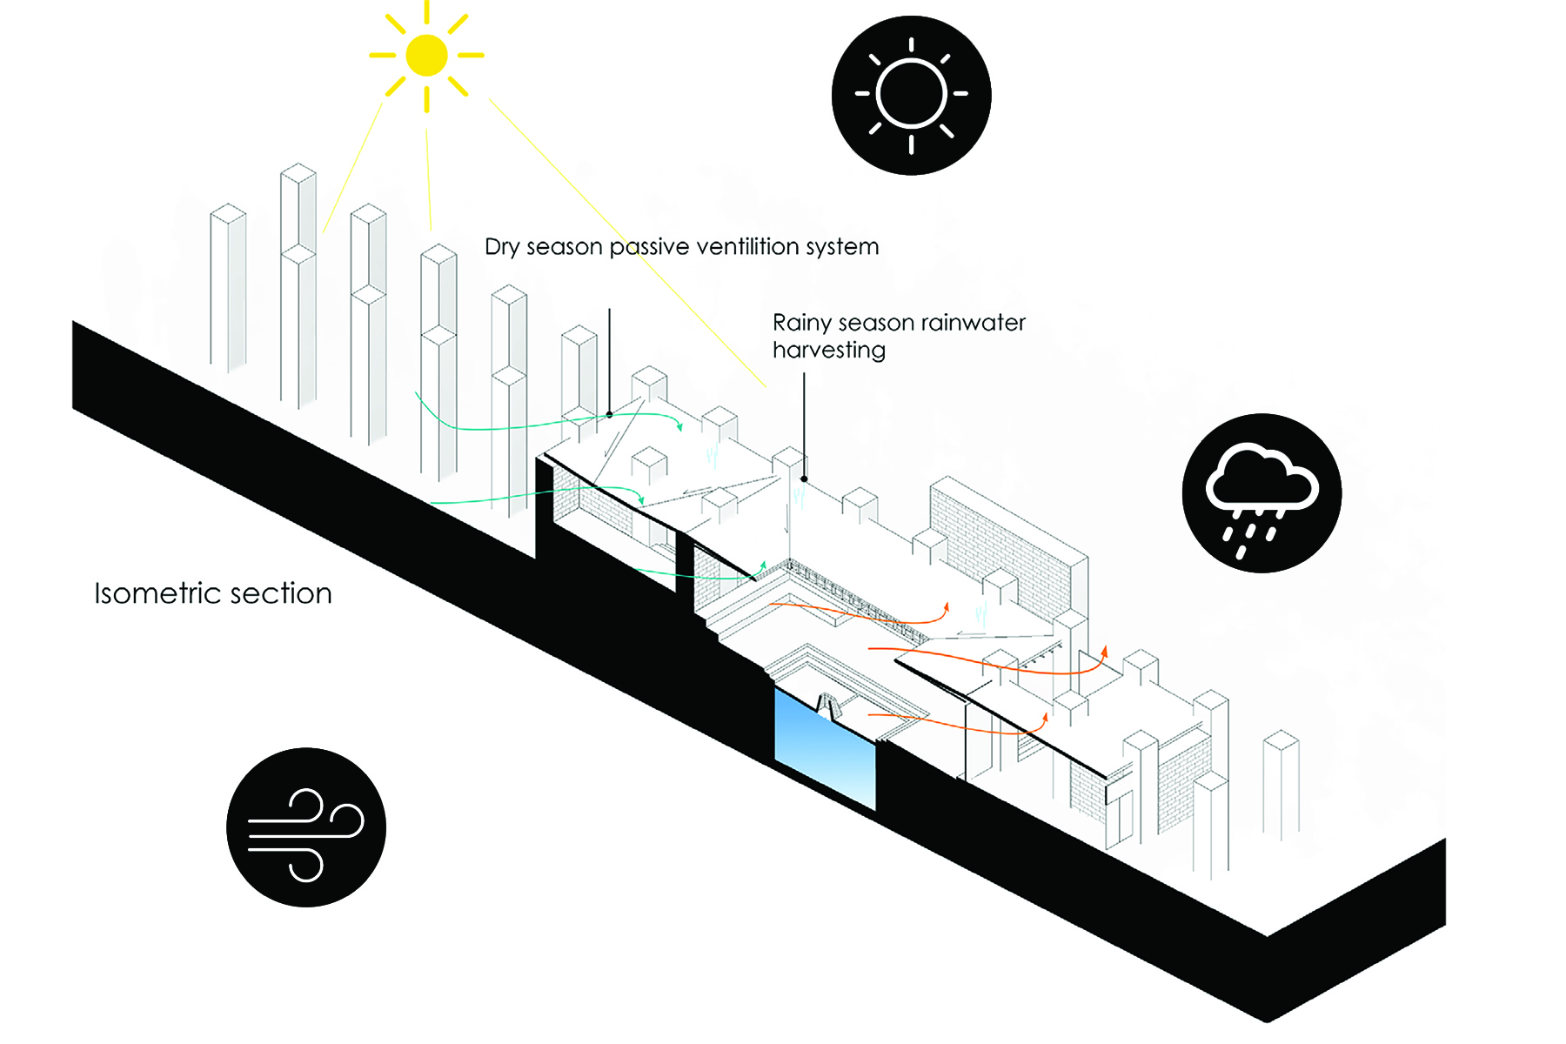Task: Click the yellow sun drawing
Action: click(x=426, y=55)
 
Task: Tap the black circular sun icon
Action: click(x=911, y=95)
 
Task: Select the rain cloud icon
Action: click(x=1261, y=492)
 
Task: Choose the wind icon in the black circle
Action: click(x=305, y=826)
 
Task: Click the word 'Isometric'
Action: click(x=156, y=593)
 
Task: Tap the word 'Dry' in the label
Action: click(x=501, y=248)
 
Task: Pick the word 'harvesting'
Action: click(x=829, y=351)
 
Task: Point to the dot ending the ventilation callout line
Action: click(x=609, y=415)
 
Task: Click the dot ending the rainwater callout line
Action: click(x=804, y=478)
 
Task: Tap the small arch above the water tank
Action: click(x=826, y=703)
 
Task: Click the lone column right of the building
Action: click(x=1281, y=783)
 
